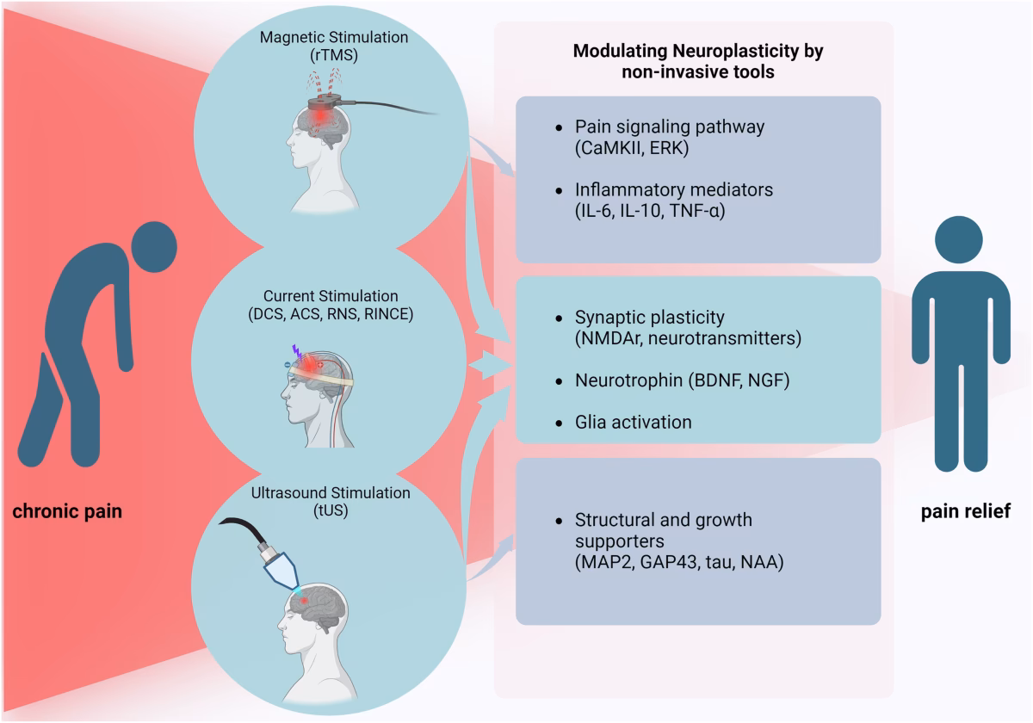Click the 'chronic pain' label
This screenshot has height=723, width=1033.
pos(67,512)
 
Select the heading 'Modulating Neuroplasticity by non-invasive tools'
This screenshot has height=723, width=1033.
pos(698,62)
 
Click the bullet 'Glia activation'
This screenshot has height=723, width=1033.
pos(634,422)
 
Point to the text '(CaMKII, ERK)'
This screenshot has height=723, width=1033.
pos(623,147)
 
